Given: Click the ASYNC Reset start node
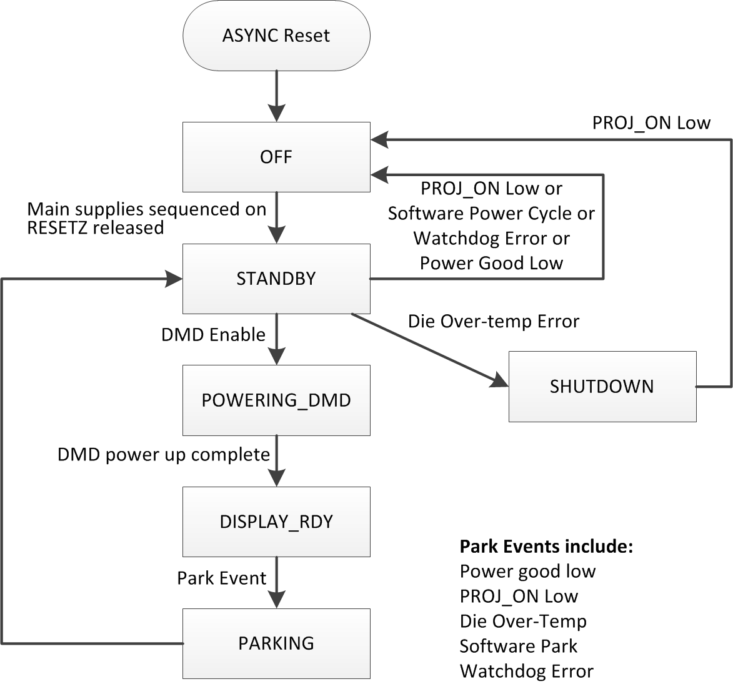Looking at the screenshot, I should (276, 36).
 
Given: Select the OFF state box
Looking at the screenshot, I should (276, 157).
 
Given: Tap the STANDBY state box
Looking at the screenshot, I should (276, 279).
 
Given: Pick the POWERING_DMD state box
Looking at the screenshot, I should (276, 400).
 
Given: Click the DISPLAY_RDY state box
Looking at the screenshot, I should (276, 522).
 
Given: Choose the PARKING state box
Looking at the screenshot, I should (276, 643).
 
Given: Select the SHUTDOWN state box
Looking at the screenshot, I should (602, 387).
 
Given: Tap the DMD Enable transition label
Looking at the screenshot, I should (213, 335).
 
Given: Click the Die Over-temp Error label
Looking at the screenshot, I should (494, 322).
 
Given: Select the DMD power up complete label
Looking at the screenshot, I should (164, 454).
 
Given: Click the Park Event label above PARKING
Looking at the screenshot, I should (222, 578).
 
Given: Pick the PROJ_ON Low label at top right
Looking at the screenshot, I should (651, 122).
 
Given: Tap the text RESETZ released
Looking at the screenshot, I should (96, 228).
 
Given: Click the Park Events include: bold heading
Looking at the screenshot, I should (547, 547).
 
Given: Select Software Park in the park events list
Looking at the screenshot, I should (519, 646).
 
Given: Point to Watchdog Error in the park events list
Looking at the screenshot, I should (526, 672).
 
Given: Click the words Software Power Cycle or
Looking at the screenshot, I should (491, 214).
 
